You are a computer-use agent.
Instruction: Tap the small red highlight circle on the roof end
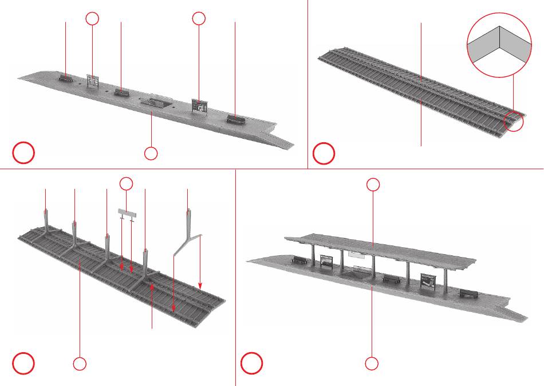(514, 120)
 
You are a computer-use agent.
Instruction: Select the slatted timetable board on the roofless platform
(92, 80)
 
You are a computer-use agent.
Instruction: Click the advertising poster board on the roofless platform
(199, 106)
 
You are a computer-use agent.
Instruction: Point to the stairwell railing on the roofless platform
(156, 102)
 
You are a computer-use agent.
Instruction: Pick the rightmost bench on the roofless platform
(235, 119)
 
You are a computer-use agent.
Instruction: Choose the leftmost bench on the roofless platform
(65, 77)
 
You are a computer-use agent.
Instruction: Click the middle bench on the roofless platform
(121, 91)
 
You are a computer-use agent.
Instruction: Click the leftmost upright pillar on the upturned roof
(46, 219)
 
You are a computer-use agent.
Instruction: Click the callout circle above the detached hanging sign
(126, 184)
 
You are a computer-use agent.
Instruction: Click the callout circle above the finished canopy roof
(373, 184)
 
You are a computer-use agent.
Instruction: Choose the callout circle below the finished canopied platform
(372, 362)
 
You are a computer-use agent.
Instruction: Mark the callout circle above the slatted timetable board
(92, 18)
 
